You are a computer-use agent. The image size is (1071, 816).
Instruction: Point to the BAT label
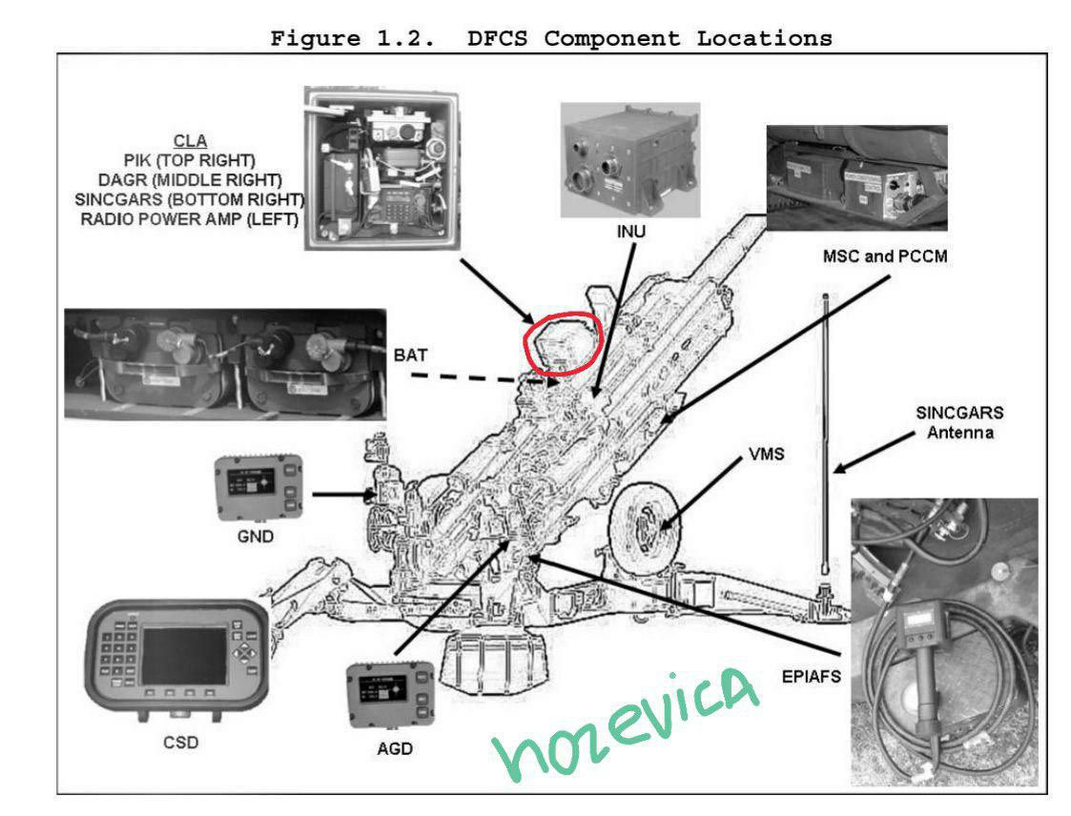[411, 355]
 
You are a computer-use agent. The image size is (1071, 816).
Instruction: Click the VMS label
[758, 455]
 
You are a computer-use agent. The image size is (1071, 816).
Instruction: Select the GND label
[255, 537]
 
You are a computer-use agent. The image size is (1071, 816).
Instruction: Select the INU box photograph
[630, 160]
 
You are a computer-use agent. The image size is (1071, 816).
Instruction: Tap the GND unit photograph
[258, 485]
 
